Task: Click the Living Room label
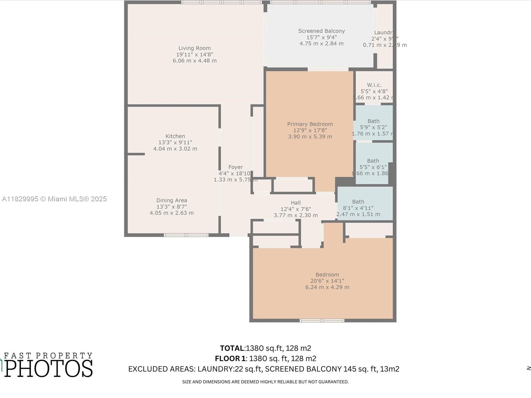pyautogui.click(x=194, y=48)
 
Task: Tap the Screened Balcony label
pyautogui.click(x=321, y=31)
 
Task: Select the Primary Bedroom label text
pyautogui.click(x=310, y=124)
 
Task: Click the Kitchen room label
pyautogui.click(x=175, y=136)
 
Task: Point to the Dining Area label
pyautogui.click(x=172, y=200)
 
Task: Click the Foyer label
pyautogui.click(x=235, y=167)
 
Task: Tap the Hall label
pyautogui.click(x=296, y=203)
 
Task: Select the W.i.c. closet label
pyautogui.click(x=374, y=85)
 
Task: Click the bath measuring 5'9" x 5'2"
pyautogui.click(x=373, y=127)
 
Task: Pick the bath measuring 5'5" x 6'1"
pyautogui.click(x=373, y=167)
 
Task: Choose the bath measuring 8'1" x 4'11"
pyautogui.click(x=358, y=208)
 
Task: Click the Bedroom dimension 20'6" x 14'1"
pyautogui.click(x=327, y=281)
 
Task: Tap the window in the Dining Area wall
pyautogui.click(x=186, y=235)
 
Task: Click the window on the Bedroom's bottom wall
pyautogui.click(x=322, y=320)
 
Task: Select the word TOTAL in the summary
pyautogui.click(x=232, y=348)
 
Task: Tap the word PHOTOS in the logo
pyautogui.click(x=48, y=368)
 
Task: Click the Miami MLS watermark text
pyautogui.click(x=54, y=199)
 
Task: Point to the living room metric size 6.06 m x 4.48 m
pyautogui.click(x=194, y=61)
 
